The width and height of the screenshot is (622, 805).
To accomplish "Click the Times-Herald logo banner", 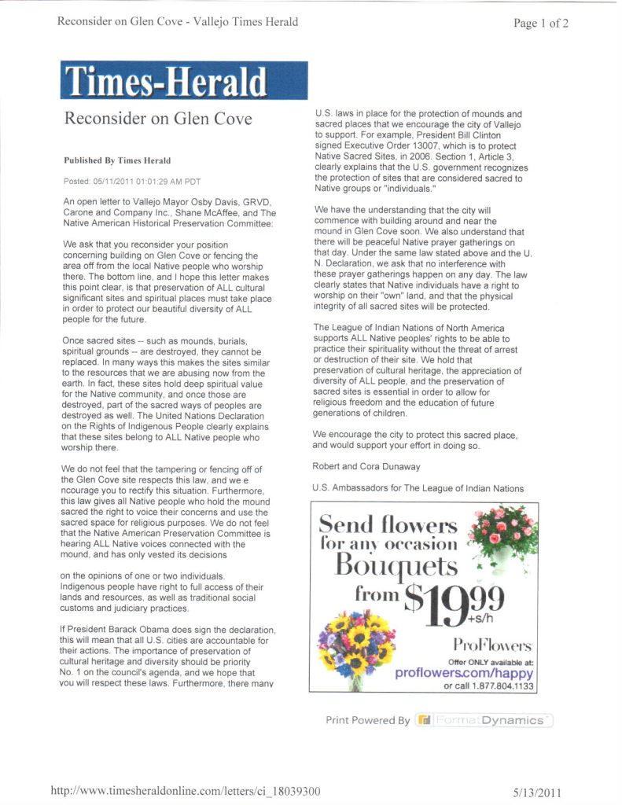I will tap(184, 80).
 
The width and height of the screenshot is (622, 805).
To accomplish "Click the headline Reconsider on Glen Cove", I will tap(158, 119).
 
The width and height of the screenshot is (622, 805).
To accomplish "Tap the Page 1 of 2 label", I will tap(540, 23).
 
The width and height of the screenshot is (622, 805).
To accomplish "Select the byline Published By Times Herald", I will tap(117, 160).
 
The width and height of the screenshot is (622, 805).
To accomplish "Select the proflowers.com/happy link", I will tap(475, 674).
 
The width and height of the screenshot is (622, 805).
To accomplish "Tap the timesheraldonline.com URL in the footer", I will tap(186, 790).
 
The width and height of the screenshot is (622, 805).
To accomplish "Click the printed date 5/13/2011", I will tap(538, 792).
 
